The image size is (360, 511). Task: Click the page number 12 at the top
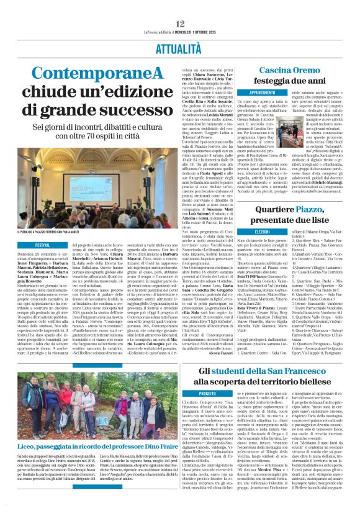tap(179, 6)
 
